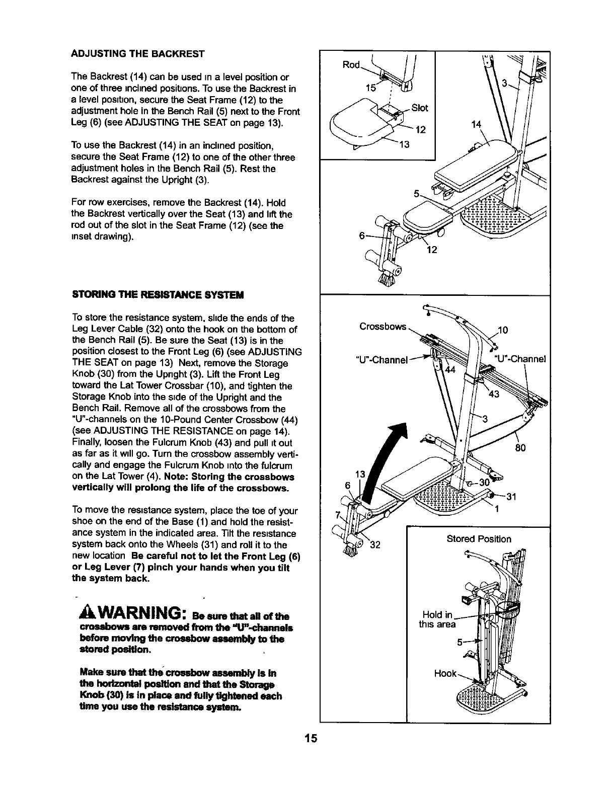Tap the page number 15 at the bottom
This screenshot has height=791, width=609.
tap(310, 739)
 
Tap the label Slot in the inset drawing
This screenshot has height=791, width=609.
tap(419, 108)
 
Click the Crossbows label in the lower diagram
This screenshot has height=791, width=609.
tap(383, 327)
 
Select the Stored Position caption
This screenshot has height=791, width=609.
tap(479, 539)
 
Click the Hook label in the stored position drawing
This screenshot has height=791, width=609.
tap(445, 673)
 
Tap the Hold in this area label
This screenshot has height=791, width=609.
tap(438, 619)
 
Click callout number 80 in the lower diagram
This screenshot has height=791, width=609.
tap(520, 447)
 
